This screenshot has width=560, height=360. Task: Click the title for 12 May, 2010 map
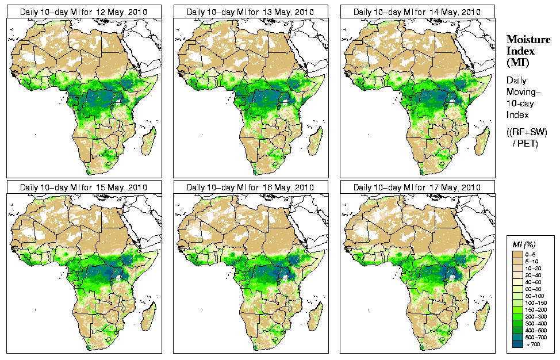[x=83, y=12]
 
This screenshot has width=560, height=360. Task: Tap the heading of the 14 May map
[x=417, y=12]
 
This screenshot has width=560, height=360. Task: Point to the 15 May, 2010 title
[x=83, y=187]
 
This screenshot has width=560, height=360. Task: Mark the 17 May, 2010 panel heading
[x=417, y=187]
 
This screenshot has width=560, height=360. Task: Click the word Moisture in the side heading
[x=526, y=39]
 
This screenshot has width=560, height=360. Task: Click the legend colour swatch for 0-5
[x=517, y=254]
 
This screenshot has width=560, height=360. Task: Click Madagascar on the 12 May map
[x=148, y=140]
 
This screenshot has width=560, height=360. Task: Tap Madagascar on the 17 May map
[x=481, y=316]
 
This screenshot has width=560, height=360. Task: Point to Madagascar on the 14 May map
[x=481, y=140]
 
